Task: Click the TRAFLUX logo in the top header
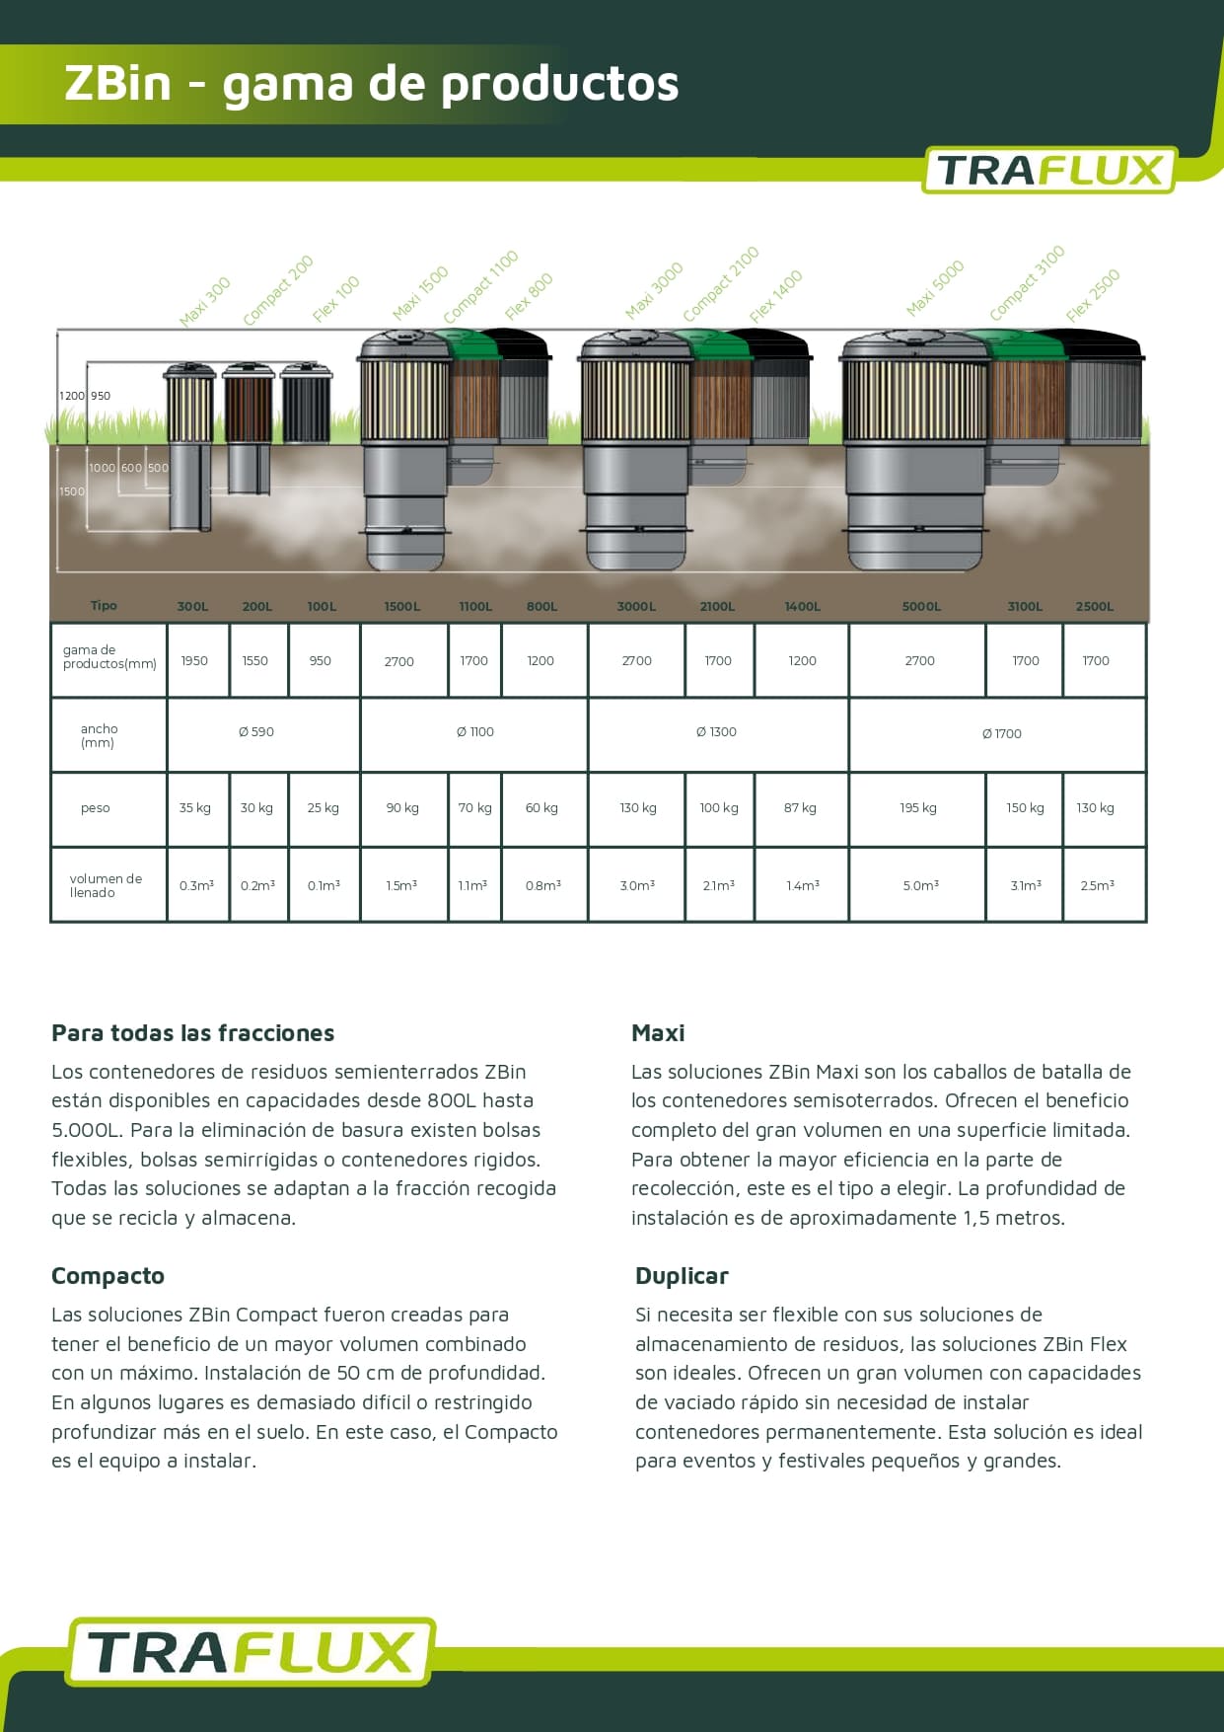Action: (1048, 170)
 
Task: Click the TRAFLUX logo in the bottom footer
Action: (251, 1651)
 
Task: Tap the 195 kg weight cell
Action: (917, 808)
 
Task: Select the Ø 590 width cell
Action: (256, 732)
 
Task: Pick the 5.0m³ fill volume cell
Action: (920, 886)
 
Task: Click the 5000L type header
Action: (921, 606)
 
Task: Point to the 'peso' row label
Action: (96, 808)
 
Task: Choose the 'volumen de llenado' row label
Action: (105, 885)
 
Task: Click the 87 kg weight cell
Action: (800, 808)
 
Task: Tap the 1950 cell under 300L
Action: (194, 661)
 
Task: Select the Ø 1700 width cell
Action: (1001, 733)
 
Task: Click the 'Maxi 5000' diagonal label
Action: (935, 288)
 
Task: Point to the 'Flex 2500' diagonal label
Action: (1093, 295)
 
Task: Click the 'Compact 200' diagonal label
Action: (278, 290)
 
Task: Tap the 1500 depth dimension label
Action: (72, 491)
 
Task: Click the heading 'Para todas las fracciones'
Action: (192, 1033)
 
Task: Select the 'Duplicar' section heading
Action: (682, 1276)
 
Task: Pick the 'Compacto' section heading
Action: (108, 1276)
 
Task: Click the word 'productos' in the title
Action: (559, 84)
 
